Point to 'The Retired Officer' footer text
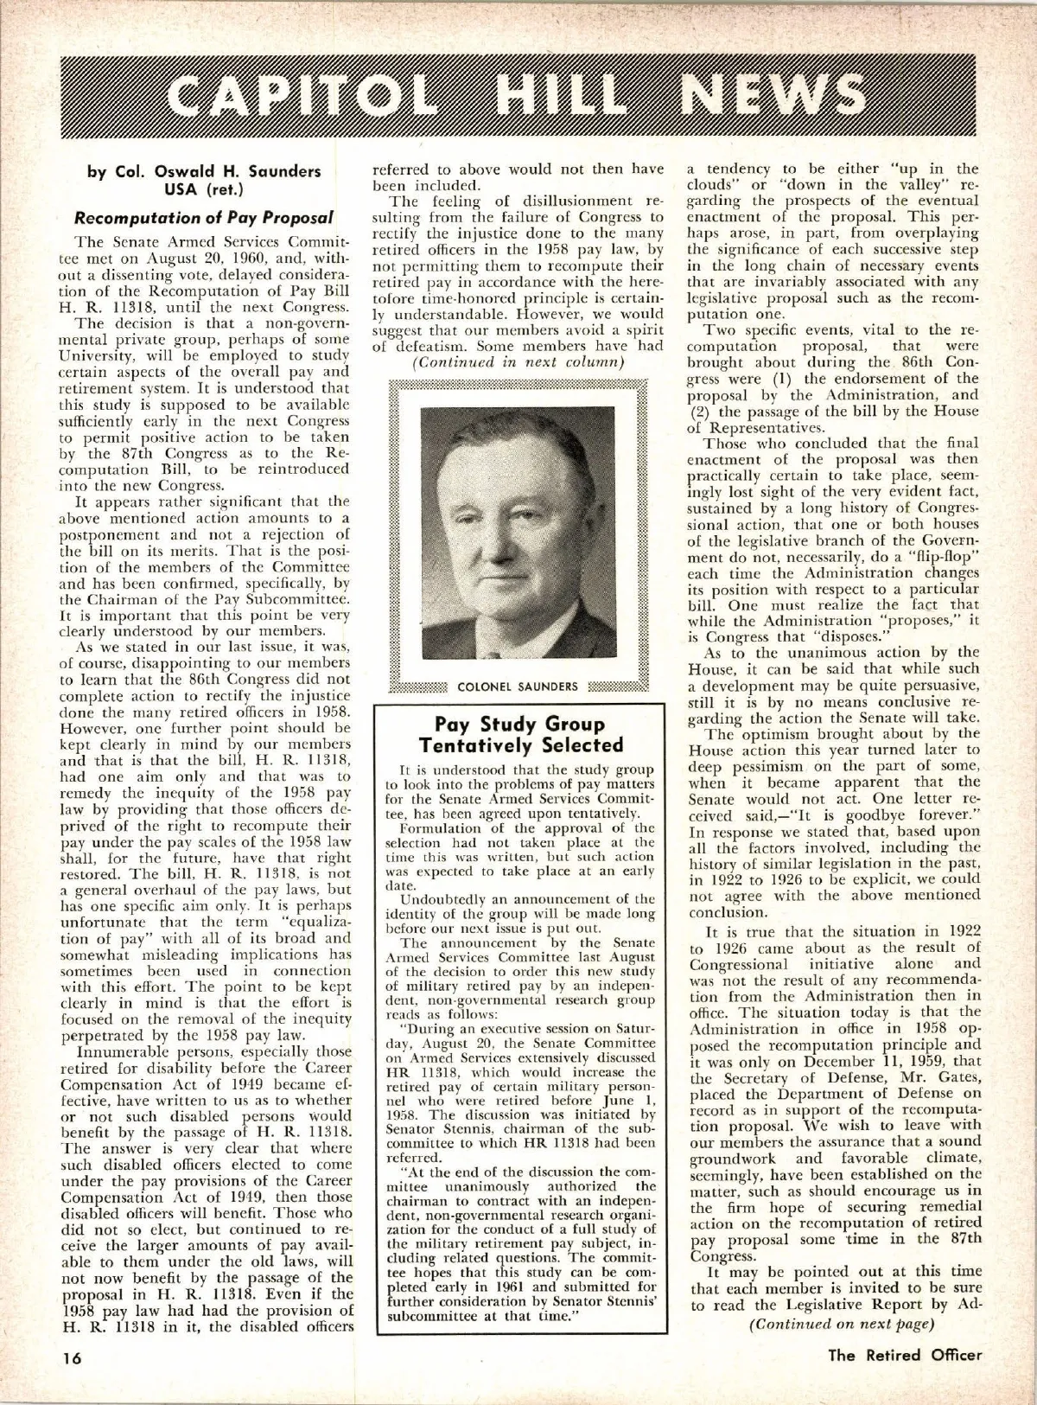point(905,1355)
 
